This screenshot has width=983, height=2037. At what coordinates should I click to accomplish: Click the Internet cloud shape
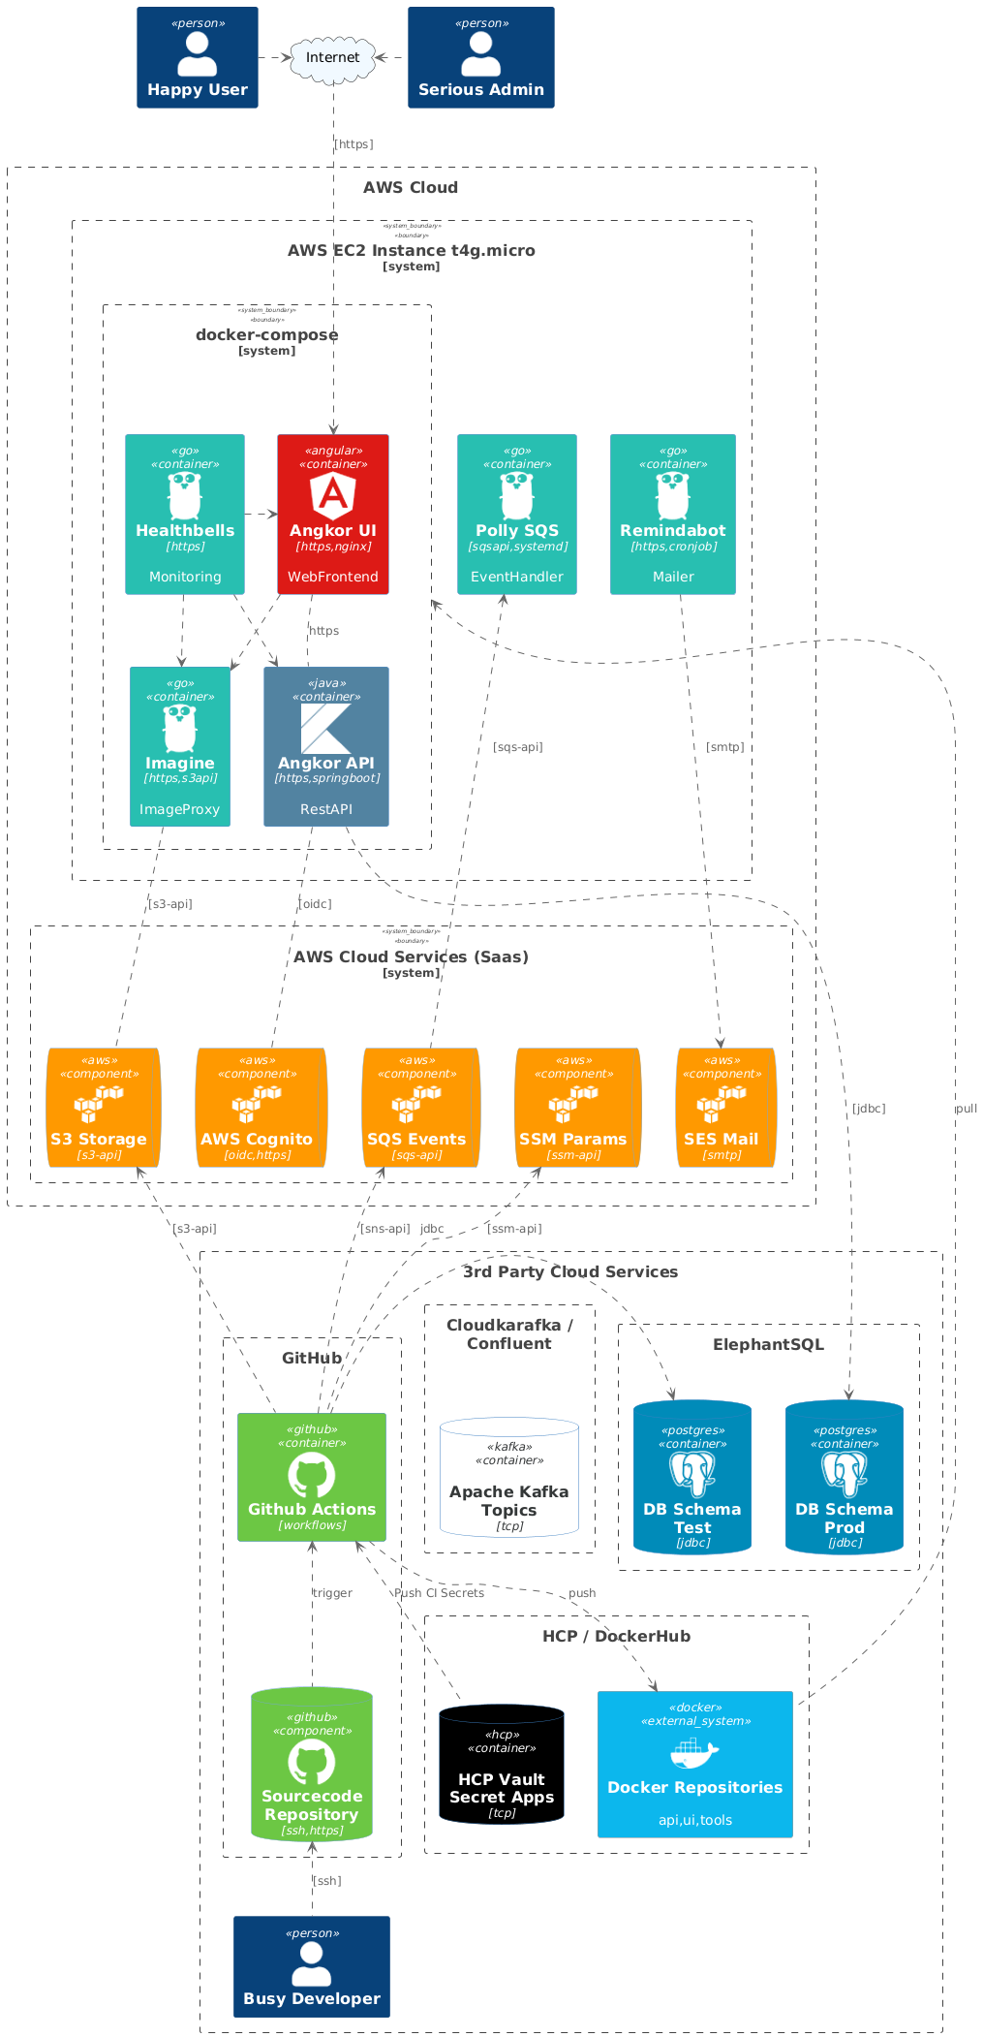[332, 58]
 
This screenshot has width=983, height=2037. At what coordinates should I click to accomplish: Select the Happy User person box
[198, 58]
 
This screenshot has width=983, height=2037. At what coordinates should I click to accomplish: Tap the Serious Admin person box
[481, 58]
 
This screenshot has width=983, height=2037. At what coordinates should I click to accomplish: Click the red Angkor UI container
[333, 514]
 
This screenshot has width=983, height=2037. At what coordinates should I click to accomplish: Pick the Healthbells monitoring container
[185, 514]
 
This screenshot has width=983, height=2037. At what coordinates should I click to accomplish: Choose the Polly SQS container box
[517, 514]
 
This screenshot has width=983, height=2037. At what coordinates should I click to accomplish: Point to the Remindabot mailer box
[673, 514]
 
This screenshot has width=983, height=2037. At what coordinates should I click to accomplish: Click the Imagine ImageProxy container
[180, 746]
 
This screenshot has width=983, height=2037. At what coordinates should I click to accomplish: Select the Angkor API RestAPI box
[326, 746]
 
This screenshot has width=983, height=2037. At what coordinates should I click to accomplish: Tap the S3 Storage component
[102, 1108]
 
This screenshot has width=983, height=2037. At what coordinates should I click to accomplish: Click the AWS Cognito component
[260, 1108]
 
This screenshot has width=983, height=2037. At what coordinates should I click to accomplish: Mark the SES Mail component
[725, 1108]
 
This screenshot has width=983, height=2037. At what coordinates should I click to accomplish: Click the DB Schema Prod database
[845, 1477]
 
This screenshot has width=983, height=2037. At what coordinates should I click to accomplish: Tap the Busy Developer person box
[312, 1966]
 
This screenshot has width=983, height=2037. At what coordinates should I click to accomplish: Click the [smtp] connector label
[725, 747]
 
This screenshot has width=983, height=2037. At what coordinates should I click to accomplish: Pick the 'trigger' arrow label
[332, 1593]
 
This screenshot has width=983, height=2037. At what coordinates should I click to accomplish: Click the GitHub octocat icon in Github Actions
[312, 1477]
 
